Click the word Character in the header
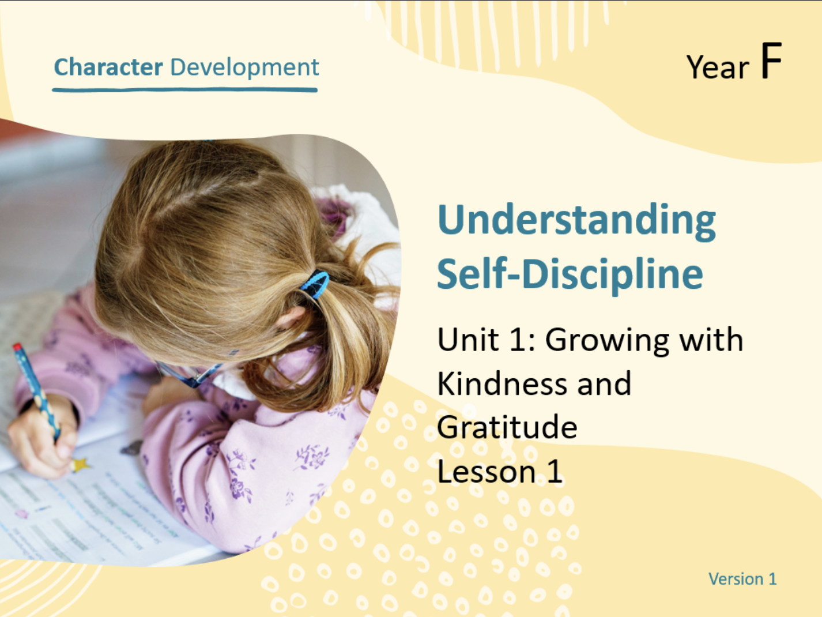tap(108, 67)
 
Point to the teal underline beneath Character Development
tap(184, 90)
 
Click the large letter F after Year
tap(771, 61)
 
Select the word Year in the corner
tap(718, 67)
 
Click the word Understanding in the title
tap(576, 221)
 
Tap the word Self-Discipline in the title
tap(570, 275)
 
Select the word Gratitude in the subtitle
tap(507, 428)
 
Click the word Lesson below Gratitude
tap(487, 471)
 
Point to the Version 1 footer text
tap(742, 579)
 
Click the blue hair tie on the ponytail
tap(315, 285)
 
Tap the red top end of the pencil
tap(17, 347)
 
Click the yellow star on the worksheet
tap(80, 465)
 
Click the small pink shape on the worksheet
tap(21, 514)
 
